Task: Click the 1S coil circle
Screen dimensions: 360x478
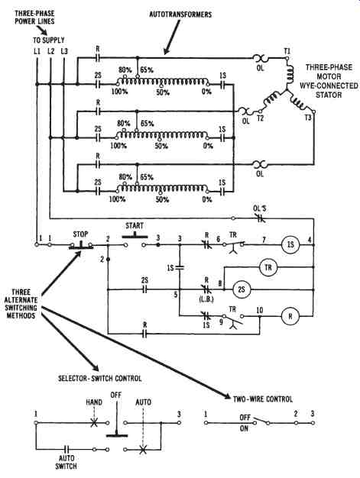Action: point(290,245)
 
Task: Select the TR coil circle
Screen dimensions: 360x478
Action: point(268,267)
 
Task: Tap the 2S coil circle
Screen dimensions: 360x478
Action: point(242,289)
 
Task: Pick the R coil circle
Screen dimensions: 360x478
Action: point(290,316)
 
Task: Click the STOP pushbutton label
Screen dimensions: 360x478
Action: point(80,234)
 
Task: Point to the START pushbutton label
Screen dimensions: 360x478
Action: point(135,226)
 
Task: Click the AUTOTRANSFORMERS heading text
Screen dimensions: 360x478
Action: point(180,15)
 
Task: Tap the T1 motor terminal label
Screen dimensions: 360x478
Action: point(287,51)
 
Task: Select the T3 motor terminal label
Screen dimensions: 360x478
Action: point(308,118)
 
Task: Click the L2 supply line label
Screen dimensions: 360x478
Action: point(50,51)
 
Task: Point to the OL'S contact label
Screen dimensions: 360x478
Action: point(260,208)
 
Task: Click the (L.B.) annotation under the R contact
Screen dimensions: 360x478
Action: point(206,299)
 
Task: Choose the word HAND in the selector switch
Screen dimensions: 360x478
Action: point(94,402)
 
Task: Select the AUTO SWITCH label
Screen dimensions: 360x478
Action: point(66,462)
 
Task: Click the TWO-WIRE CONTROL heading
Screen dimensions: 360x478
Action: point(263,399)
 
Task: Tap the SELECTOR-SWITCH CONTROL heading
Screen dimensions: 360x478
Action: point(100,378)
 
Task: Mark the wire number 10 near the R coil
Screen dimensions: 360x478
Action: point(260,310)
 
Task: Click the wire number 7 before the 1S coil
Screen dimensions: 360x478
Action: point(264,240)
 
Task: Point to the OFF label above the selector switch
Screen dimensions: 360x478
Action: point(116,395)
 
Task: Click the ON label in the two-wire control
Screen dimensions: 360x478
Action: point(244,428)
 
